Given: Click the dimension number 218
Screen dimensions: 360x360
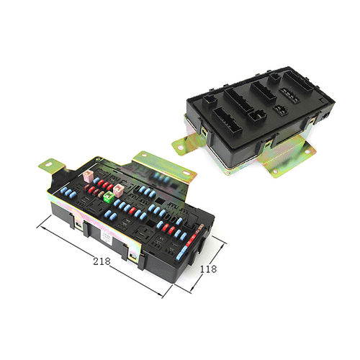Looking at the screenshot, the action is tap(102, 261).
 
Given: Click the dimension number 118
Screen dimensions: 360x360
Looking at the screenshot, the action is tap(208, 269).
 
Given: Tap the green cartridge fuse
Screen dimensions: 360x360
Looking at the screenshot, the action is tap(109, 197).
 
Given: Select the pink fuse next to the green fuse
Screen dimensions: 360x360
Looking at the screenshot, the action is tap(119, 190).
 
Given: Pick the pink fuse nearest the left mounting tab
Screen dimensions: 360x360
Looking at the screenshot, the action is tap(88, 176).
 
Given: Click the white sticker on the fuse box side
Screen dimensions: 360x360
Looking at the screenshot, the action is tap(107, 239).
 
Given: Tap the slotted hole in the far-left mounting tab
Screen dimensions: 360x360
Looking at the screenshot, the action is tap(49, 165).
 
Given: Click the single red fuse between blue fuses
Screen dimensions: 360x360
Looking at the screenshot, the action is tap(132, 211).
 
